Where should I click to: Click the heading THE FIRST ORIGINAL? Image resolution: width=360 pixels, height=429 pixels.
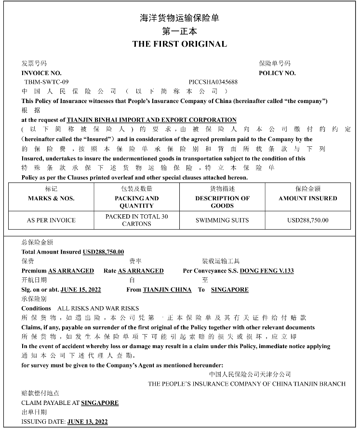pyautogui.click(x=179, y=44)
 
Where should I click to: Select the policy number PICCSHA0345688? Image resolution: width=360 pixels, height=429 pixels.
pyautogui.click(x=213, y=82)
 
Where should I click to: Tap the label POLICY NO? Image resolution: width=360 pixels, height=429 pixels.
pyautogui.click(x=277, y=73)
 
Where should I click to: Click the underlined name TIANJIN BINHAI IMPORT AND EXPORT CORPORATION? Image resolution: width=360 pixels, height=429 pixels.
pyautogui.click(x=151, y=119)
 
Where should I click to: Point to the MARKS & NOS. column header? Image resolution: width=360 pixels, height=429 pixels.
pyautogui.click(x=51, y=198)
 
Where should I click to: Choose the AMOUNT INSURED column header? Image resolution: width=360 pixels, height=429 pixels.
pyautogui.click(x=307, y=198)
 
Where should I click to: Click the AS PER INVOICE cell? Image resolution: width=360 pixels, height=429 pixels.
pyautogui.click(x=51, y=220)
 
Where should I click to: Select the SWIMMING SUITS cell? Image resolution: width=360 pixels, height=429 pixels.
pyautogui.click(x=222, y=220)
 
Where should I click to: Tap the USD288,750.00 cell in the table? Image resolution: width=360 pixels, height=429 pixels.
pyautogui.click(x=307, y=220)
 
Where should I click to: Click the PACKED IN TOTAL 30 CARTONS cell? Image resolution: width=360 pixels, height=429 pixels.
pyautogui.click(x=136, y=220)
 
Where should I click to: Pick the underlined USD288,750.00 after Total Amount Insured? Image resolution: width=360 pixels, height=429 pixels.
pyautogui.click(x=103, y=251)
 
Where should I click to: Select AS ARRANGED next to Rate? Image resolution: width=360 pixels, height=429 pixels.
pyautogui.click(x=141, y=271)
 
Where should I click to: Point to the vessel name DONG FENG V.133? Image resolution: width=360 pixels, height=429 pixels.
pyautogui.click(x=267, y=271)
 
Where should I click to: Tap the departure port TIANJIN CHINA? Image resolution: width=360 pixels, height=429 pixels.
pyautogui.click(x=167, y=289)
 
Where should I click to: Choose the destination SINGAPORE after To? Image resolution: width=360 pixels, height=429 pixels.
pyautogui.click(x=230, y=289)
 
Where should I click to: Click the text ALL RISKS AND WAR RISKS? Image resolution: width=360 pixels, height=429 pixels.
pyautogui.click(x=98, y=308)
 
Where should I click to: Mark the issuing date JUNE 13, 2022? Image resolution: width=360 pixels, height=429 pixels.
pyautogui.click(x=88, y=421)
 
